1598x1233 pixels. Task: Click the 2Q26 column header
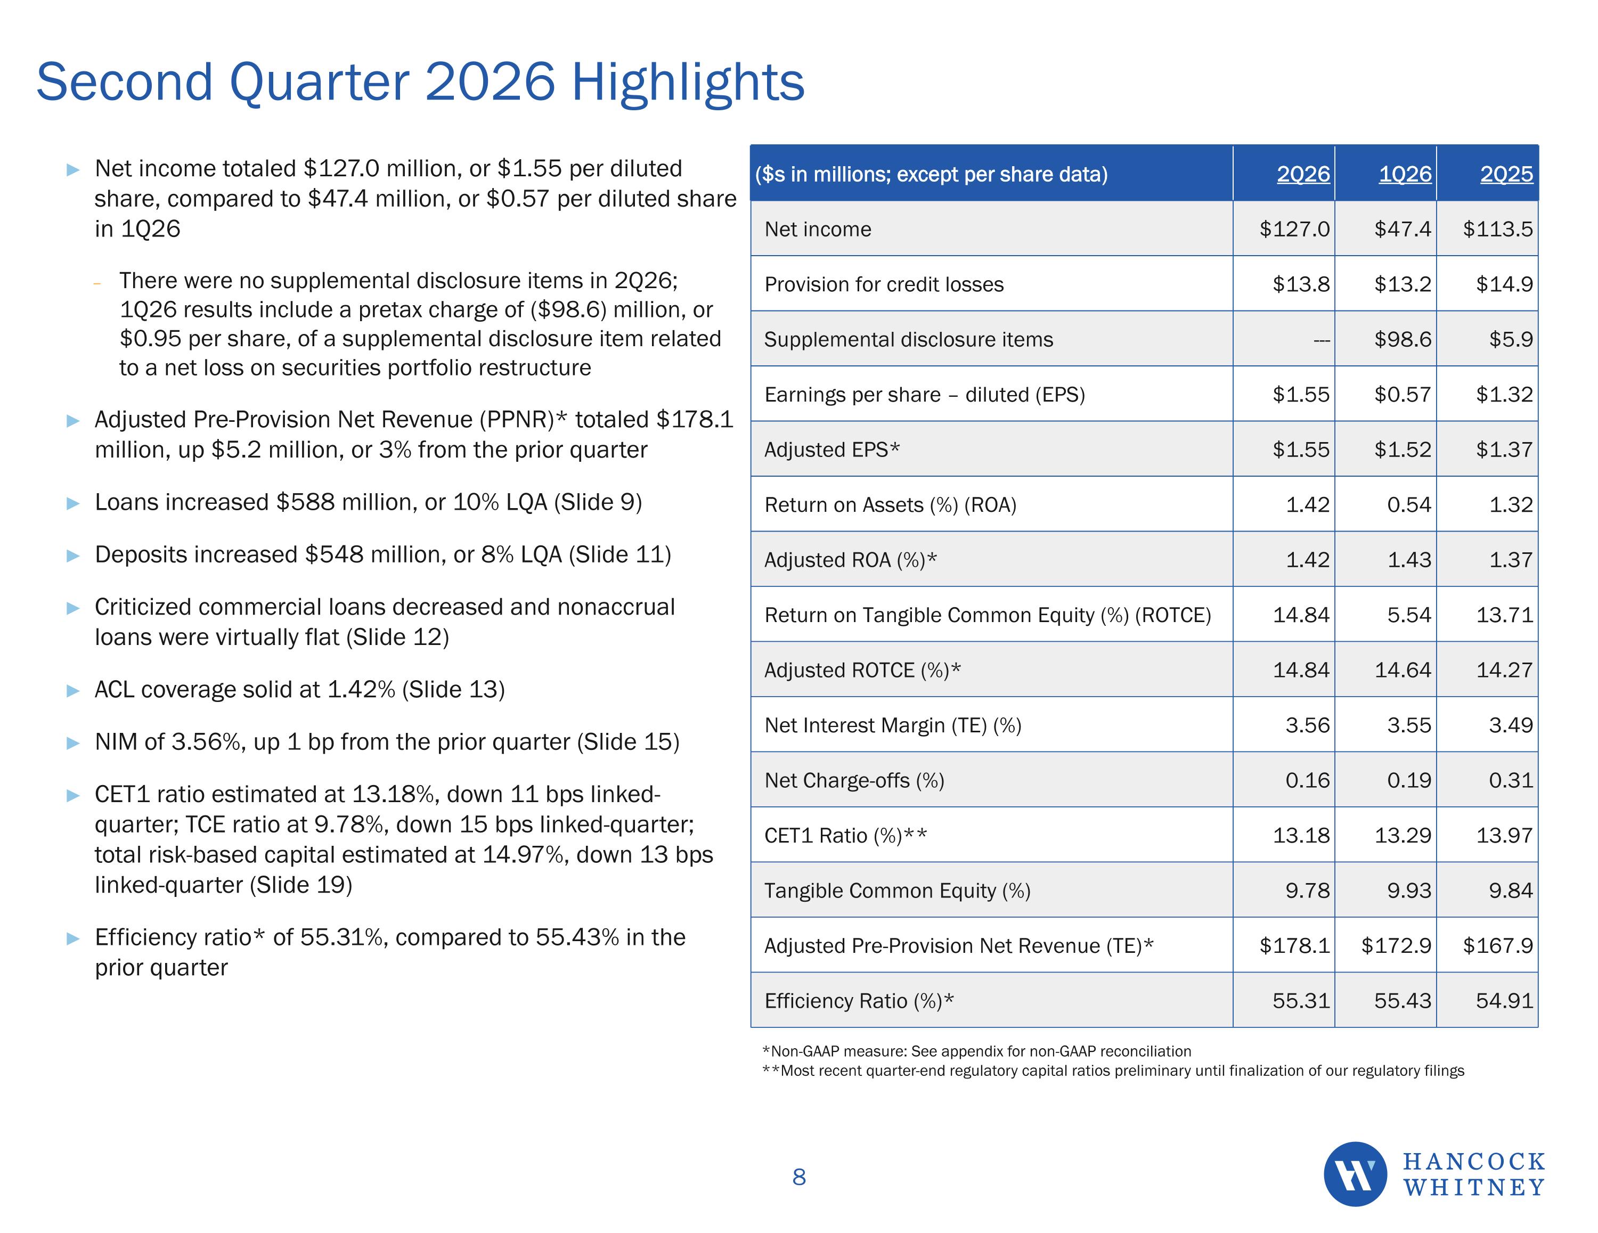click(x=1303, y=174)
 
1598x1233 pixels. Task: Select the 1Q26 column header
click(x=1405, y=174)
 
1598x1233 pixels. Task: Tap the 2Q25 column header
click(x=1506, y=174)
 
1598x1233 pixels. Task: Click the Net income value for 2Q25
click(x=1498, y=229)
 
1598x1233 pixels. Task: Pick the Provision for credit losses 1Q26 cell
click(x=1403, y=284)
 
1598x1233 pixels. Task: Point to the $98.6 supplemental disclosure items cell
click(x=1403, y=339)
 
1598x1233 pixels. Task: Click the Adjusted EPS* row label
click(x=832, y=450)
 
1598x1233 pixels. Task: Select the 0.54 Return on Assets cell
click(x=1409, y=505)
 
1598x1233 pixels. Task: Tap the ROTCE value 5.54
click(x=1409, y=615)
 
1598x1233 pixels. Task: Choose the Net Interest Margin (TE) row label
click(x=893, y=726)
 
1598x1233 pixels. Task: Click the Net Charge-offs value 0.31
click(x=1511, y=781)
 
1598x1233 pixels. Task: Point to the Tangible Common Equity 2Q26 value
click(x=1308, y=891)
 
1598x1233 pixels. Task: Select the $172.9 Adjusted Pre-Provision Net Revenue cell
click(x=1396, y=945)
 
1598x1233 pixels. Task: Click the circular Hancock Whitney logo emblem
click(x=1355, y=1174)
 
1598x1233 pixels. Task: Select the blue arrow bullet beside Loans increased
click(x=73, y=503)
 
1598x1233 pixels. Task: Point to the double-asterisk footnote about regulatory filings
click(x=1113, y=1071)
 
